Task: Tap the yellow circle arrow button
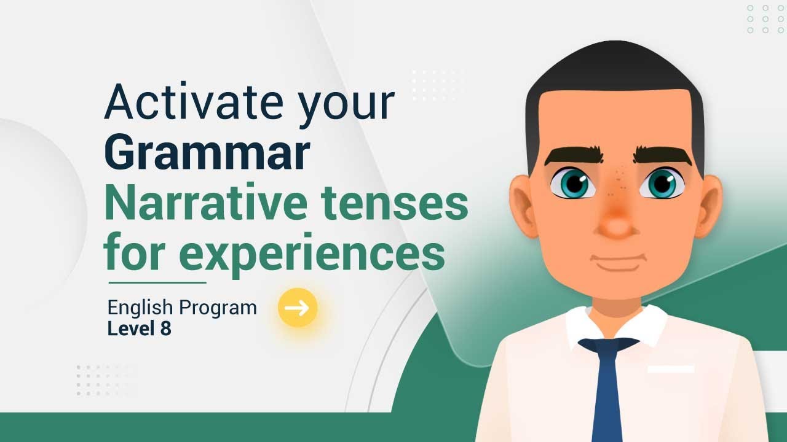coord(298,308)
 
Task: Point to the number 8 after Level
coord(166,329)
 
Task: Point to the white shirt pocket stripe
coord(670,370)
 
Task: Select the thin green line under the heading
coord(157,283)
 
